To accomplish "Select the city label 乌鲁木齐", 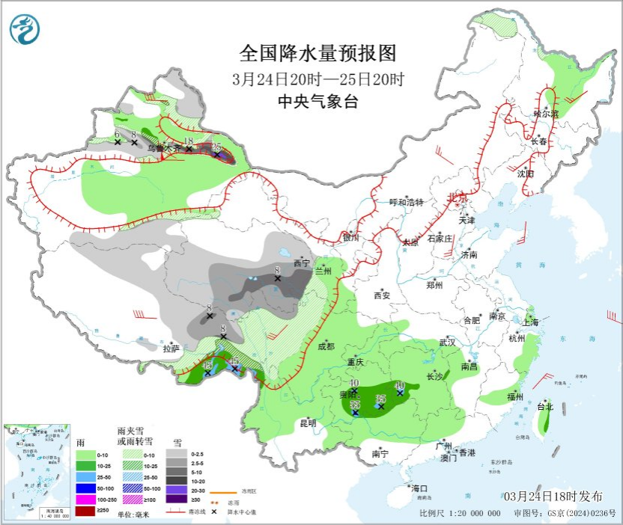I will [163, 149].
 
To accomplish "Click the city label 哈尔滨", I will [545, 114].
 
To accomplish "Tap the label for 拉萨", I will [171, 348].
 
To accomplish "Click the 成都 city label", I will [326, 346].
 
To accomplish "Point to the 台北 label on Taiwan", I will [544, 407].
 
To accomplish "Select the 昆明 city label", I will [308, 423].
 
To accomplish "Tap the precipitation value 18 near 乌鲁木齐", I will [189, 141].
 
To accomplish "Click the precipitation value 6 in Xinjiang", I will [118, 132].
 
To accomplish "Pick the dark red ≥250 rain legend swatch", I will [85, 511].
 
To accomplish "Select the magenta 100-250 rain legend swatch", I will [85, 500].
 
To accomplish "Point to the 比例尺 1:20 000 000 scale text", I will [460, 513].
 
